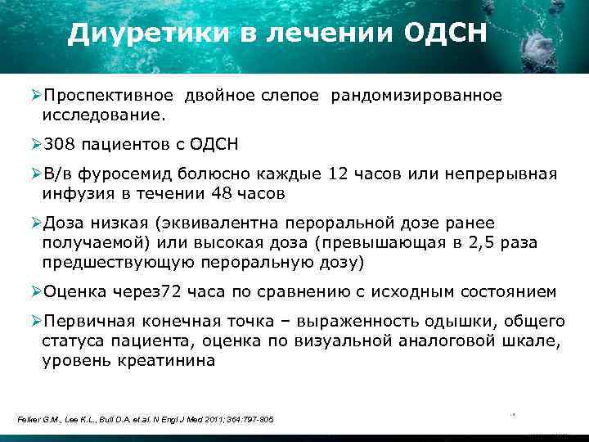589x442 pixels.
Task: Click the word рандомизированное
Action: (416, 96)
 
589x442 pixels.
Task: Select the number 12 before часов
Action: (337, 174)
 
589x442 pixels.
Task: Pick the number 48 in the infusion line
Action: (224, 193)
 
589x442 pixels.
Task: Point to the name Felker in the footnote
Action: (29, 420)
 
